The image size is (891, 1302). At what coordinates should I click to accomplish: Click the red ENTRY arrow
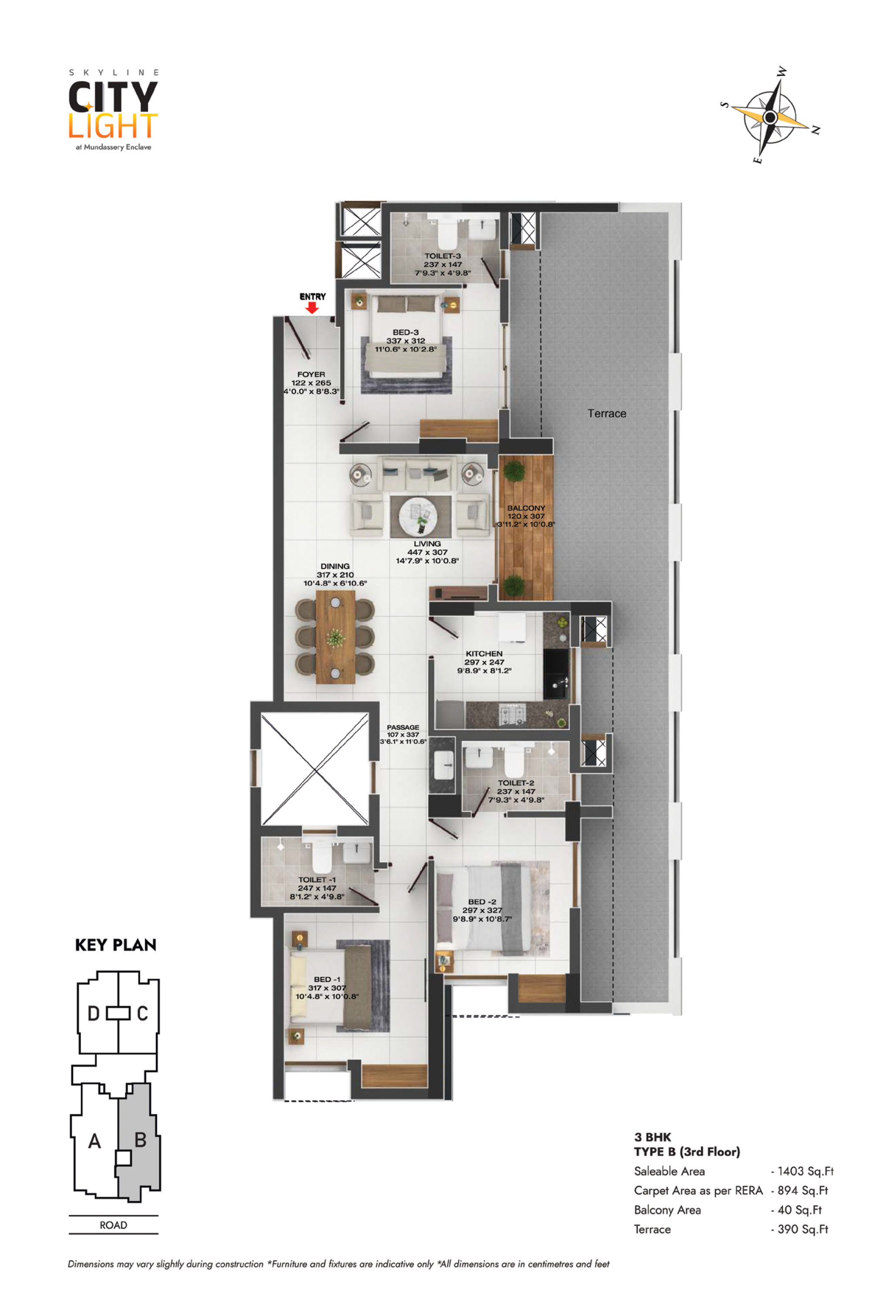(312, 308)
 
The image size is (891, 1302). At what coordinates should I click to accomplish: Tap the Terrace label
(606, 413)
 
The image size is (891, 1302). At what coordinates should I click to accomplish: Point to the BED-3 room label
(405, 332)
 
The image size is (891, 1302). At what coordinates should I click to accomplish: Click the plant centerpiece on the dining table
(335, 638)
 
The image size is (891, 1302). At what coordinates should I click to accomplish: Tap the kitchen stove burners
(512, 713)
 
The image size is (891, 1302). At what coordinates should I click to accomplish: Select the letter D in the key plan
(93, 1013)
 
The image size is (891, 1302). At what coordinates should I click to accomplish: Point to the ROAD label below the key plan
(113, 1225)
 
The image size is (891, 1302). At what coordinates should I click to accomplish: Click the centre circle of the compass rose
(770, 117)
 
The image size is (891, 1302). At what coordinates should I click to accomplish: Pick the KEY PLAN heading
(115, 945)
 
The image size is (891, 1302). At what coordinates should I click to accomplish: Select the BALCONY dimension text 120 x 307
(526, 516)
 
